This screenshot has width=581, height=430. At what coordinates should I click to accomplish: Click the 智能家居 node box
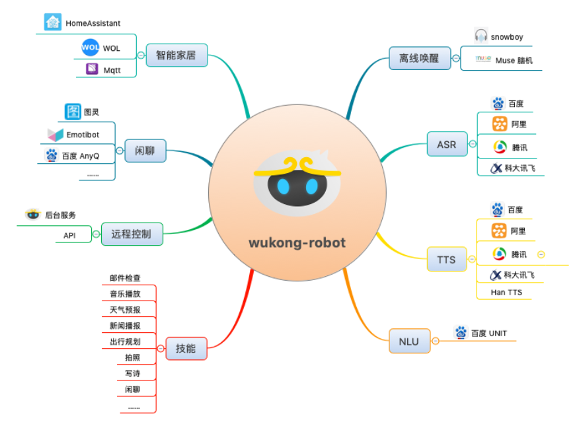pos(176,55)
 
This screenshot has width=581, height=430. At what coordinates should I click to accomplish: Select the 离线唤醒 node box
pos(418,57)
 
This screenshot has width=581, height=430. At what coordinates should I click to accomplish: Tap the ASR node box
pos(446,144)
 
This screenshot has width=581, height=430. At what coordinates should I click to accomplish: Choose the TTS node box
pos(446,259)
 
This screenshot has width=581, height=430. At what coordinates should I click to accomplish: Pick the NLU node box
pos(408,341)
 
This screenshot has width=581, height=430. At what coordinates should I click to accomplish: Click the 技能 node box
pos(186,348)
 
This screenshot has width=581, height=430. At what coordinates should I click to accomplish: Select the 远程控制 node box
pos(132,234)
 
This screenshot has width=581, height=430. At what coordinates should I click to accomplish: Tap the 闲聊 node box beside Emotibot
pos(145,151)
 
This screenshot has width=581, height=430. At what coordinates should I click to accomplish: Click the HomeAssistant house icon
pos(53,22)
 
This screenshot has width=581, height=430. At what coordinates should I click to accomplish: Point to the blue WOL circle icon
pos(90,48)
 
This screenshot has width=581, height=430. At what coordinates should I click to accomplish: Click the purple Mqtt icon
pos(92,69)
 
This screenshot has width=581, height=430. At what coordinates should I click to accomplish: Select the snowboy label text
pos(507,37)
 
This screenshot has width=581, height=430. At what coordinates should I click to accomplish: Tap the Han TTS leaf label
pos(506,291)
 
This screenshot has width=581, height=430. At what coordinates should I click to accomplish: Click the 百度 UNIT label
pos(489,333)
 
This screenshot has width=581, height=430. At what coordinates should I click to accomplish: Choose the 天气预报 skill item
pos(125,309)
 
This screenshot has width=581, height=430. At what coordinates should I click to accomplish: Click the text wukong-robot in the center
pos(297,242)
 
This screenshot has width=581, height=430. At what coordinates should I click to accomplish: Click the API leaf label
pos(69,234)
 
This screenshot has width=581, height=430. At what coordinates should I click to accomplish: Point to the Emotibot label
pos(83,135)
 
